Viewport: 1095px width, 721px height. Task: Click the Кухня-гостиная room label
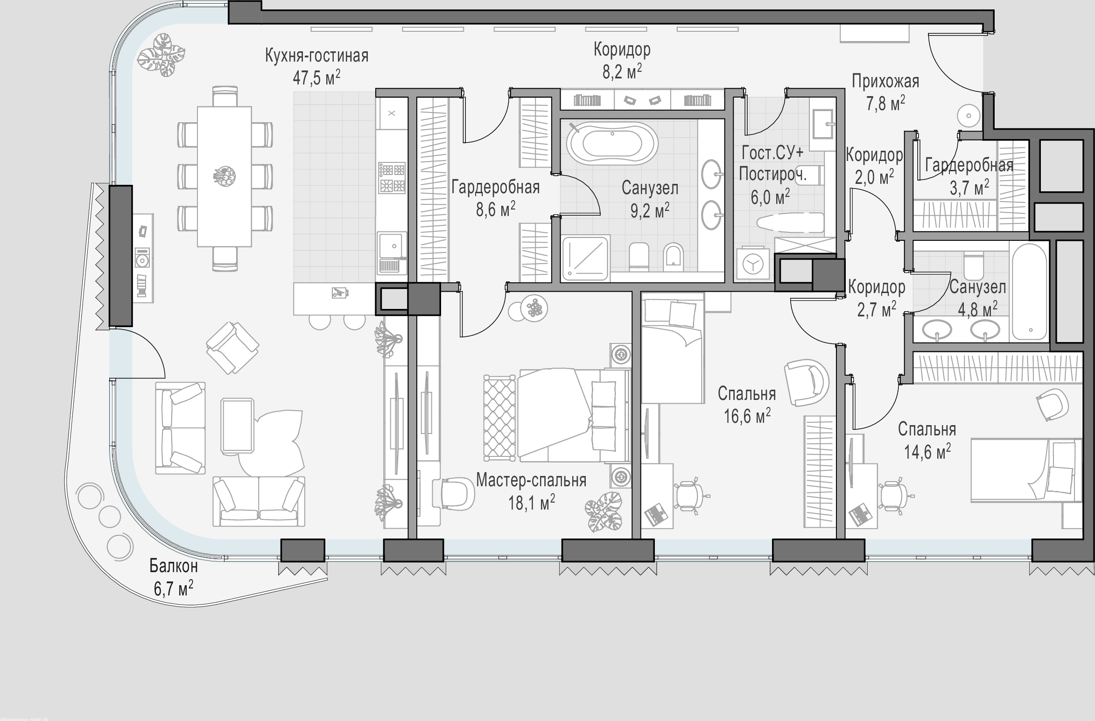pos(316,56)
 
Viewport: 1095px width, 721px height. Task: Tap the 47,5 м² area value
pos(316,77)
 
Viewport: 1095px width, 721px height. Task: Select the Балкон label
pos(174,566)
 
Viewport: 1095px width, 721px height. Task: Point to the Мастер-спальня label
pos(531,480)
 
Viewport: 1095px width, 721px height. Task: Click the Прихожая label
pos(885,82)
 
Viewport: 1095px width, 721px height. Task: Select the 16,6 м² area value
pos(747,415)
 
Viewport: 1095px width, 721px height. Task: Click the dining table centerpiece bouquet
pos(224,176)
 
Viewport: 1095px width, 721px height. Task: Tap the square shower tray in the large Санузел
pos(586,259)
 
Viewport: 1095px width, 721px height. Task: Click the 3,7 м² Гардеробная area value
pos(969,188)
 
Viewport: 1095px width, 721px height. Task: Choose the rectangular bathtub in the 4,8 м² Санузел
pos(1030,292)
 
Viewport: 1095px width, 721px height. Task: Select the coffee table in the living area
pos(238,426)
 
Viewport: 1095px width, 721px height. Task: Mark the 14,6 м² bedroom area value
pos(927,451)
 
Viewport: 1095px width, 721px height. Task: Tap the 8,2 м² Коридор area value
pos(622,71)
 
